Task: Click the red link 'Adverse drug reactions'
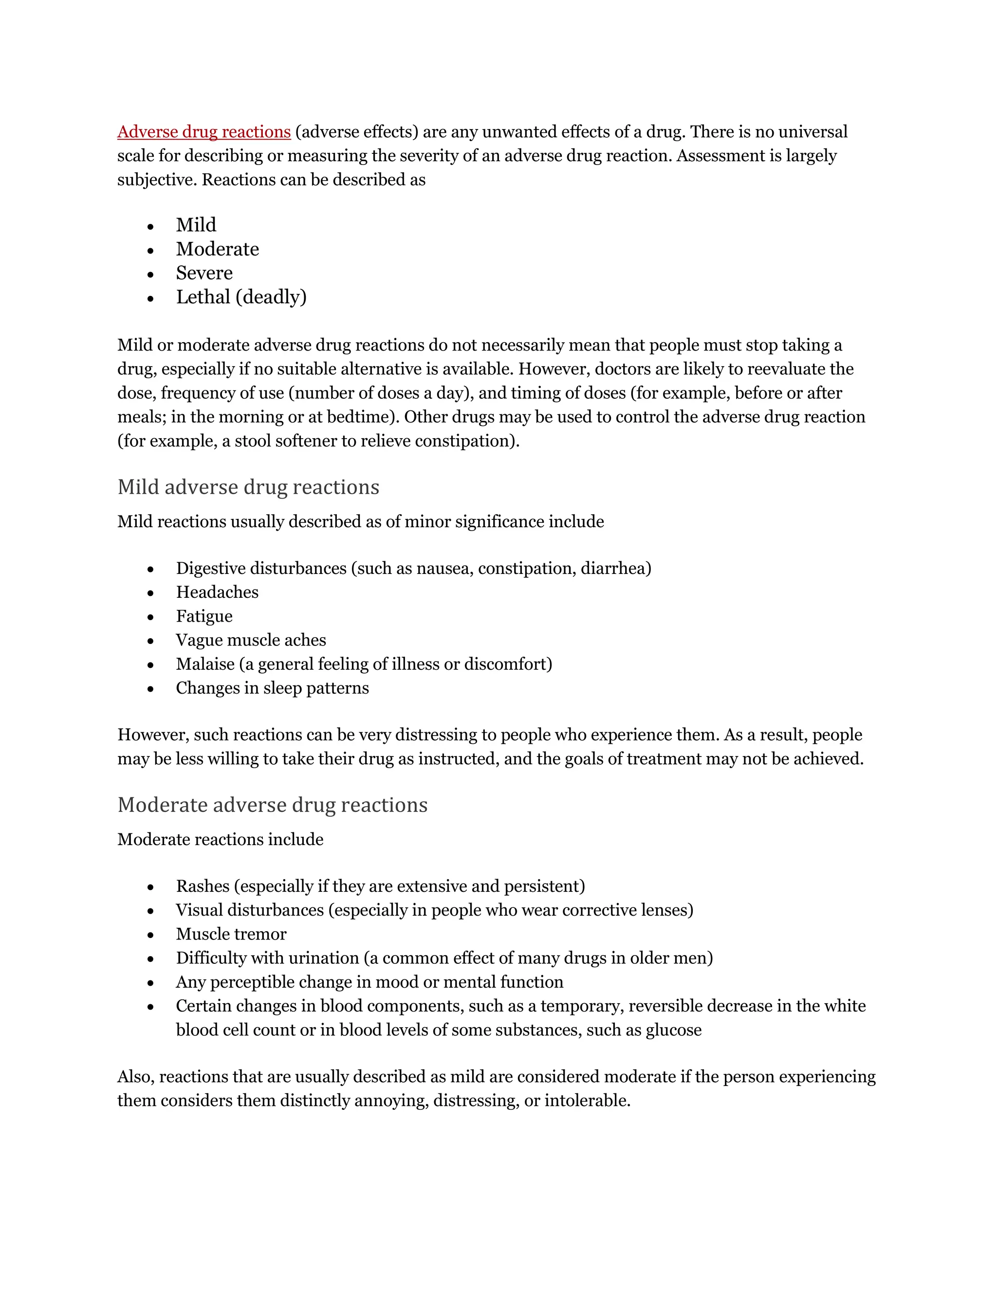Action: tap(204, 132)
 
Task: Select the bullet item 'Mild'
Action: tap(196, 225)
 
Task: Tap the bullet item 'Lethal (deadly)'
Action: tap(241, 297)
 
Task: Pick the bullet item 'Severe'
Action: tap(204, 273)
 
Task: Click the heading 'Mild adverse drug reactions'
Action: tap(248, 487)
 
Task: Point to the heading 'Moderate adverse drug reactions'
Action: tap(272, 805)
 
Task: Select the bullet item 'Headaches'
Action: tap(217, 592)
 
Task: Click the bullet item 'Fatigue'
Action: tap(204, 616)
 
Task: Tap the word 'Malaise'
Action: tap(205, 664)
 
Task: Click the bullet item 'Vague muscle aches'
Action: tap(250, 640)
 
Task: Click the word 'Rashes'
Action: tap(203, 886)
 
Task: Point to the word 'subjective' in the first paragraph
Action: tap(156, 180)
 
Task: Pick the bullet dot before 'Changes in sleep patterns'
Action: tap(150, 689)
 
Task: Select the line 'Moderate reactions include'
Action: tap(221, 840)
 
